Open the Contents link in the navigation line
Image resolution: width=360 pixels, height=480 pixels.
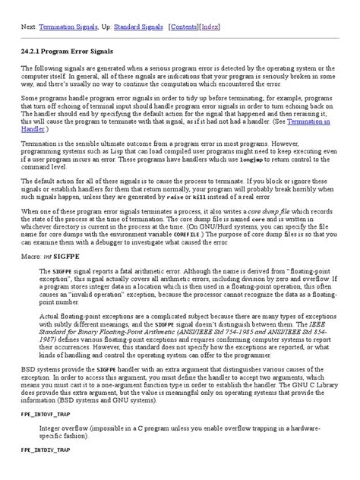coord(185,26)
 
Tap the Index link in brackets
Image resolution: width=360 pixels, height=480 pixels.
coord(210,26)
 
